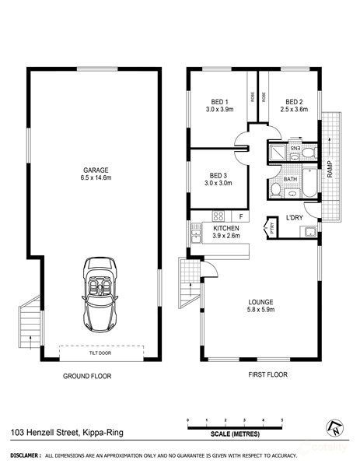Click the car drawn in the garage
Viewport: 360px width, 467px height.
(99, 293)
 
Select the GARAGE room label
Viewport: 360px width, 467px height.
(96, 169)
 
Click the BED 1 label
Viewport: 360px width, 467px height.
(218, 101)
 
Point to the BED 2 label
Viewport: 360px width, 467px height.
(293, 101)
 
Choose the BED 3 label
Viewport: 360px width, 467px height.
(218, 176)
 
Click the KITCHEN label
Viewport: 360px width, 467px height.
(226, 228)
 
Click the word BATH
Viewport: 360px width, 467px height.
(289, 180)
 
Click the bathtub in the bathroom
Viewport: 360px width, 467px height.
(309, 181)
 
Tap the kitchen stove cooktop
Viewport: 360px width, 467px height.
(218, 216)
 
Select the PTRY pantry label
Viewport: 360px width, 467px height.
(272, 228)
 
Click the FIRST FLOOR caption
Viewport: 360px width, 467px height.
(267, 374)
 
